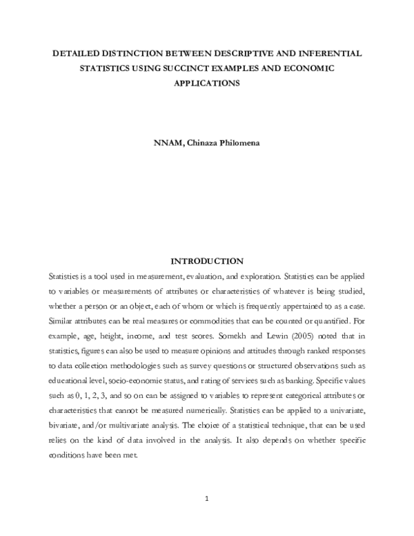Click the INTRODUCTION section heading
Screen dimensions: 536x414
tap(207, 261)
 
